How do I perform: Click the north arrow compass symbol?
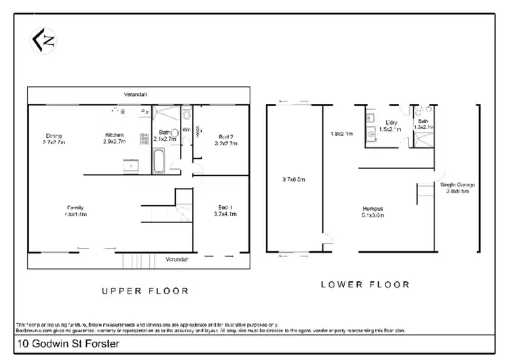pyautogui.click(x=41, y=41)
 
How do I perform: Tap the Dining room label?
pyautogui.click(x=54, y=135)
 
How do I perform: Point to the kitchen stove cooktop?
pyautogui.click(x=145, y=139)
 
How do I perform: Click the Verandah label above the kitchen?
pyautogui.click(x=136, y=94)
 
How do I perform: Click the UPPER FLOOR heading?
pyautogui.click(x=145, y=291)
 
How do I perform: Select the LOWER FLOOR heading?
pyautogui.click(x=364, y=285)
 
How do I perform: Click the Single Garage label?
pyautogui.click(x=458, y=185)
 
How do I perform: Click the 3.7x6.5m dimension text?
pyautogui.click(x=294, y=179)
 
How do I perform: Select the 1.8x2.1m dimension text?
pyautogui.click(x=342, y=133)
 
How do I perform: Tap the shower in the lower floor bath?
pyautogui.click(x=424, y=141)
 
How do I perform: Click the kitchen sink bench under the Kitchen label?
pyautogui.click(x=130, y=164)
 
